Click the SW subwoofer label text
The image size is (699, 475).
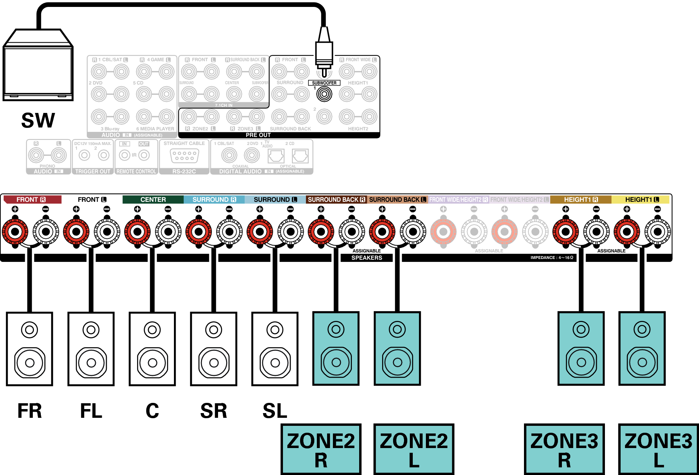(x=38, y=121)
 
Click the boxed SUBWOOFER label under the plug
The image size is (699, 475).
(x=324, y=83)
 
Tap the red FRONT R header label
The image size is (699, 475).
(x=31, y=200)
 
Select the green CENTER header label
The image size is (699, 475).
(x=153, y=200)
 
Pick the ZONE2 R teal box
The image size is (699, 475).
(x=321, y=449)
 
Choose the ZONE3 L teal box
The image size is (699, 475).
(x=658, y=449)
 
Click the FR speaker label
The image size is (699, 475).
(x=30, y=411)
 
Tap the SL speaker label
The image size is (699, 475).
(x=275, y=411)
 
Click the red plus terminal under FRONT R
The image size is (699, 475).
(x=15, y=231)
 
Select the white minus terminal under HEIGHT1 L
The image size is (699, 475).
(x=657, y=231)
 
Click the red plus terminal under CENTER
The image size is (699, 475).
(x=137, y=231)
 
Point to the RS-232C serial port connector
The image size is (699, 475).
(x=184, y=156)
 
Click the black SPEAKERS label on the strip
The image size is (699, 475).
(x=366, y=258)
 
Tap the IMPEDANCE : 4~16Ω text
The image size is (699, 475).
(x=551, y=258)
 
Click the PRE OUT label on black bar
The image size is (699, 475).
(x=258, y=135)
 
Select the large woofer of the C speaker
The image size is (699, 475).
(x=152, y=363)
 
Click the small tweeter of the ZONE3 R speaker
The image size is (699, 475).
(x=581, y=329)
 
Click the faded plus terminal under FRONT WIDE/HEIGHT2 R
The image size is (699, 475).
(x=443, y=231)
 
